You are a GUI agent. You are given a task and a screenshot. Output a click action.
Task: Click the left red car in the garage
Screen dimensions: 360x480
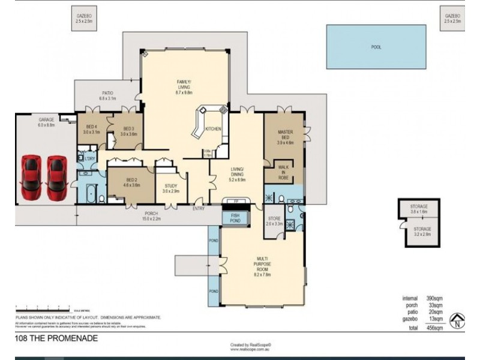tap(31, 179)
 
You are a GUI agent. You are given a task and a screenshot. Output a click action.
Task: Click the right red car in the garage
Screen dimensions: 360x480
tap(58, 179)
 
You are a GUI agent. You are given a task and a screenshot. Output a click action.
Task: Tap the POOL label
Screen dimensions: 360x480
tap(376, 47)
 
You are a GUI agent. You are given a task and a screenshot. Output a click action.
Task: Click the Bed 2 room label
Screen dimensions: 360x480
tap(132, 182)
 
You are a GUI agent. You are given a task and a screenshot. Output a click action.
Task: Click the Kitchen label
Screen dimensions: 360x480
tap(213, 130)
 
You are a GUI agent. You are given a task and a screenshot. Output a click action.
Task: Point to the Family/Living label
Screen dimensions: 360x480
tap(183, 86)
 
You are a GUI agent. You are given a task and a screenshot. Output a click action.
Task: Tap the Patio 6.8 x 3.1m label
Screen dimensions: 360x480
tap(107, 96)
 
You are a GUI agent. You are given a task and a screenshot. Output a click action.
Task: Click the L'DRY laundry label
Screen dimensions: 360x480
tap(83, 158)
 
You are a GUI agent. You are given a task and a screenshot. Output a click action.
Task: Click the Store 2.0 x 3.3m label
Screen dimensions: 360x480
tap(275, 221)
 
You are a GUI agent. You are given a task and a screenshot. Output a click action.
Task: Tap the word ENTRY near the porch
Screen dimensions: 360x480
tap(198, 208)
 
